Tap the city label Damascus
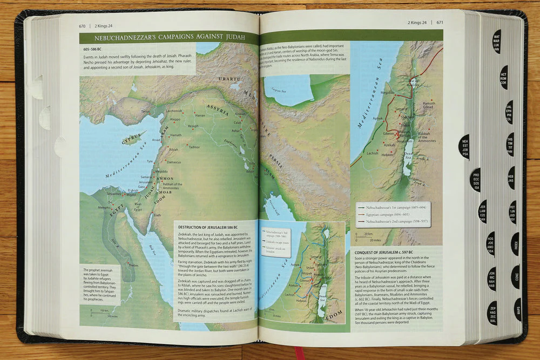tap(173, 162)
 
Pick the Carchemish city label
tap(174, 111)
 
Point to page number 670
tap(82, 25)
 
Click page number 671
tap(439, 22)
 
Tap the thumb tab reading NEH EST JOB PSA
tap(464, 146)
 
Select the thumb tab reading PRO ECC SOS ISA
tap(475, 180)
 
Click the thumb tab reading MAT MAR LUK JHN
tap(496, 42)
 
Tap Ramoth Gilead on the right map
tap(429, 105)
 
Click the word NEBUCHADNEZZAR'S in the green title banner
tap(124, 38)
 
